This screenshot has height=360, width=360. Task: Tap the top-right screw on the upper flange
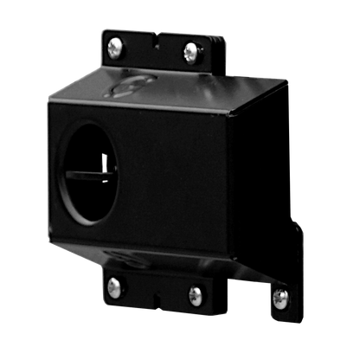(190, 54)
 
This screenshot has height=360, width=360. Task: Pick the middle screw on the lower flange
(196, 294)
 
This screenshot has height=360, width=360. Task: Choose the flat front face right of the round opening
(190, 173)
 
